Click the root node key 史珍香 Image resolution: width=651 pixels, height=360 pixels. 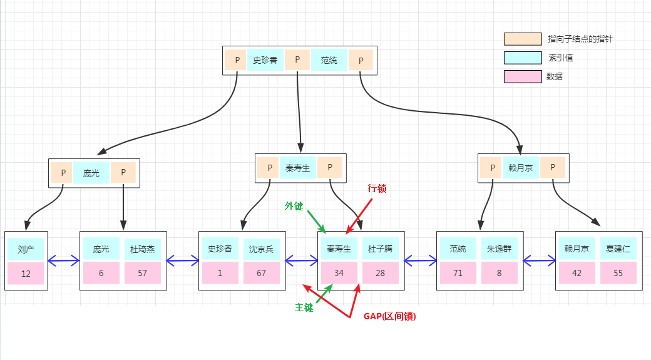click(265, 61)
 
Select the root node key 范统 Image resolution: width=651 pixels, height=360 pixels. click(329, 61)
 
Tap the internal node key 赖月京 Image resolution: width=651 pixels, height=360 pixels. click(521, 168)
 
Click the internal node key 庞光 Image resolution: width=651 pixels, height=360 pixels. click(91, 173)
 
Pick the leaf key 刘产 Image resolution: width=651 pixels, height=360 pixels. click(26, 249)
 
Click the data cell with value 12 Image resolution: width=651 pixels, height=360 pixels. click(26, 274)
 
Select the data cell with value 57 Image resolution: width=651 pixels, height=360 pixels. click(143, 274)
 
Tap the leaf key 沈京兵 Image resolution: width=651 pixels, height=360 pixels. click(262, 249)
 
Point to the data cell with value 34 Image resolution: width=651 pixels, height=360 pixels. click(339, 274)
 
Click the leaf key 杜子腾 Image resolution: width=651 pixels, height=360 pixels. click(380, 249)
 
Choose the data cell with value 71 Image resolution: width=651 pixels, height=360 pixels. click(458, 274)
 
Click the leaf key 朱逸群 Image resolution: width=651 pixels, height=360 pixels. click(499, 249)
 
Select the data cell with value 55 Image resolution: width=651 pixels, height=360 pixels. click(618, 274)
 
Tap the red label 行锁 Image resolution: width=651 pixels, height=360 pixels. click(377, 188)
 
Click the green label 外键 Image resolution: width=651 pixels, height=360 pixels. click(294, 206)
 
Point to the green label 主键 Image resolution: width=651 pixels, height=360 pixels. click(304, 308)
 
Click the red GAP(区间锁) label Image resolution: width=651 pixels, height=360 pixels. click(389, 317)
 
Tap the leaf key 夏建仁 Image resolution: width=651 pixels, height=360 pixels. click(618, 249)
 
